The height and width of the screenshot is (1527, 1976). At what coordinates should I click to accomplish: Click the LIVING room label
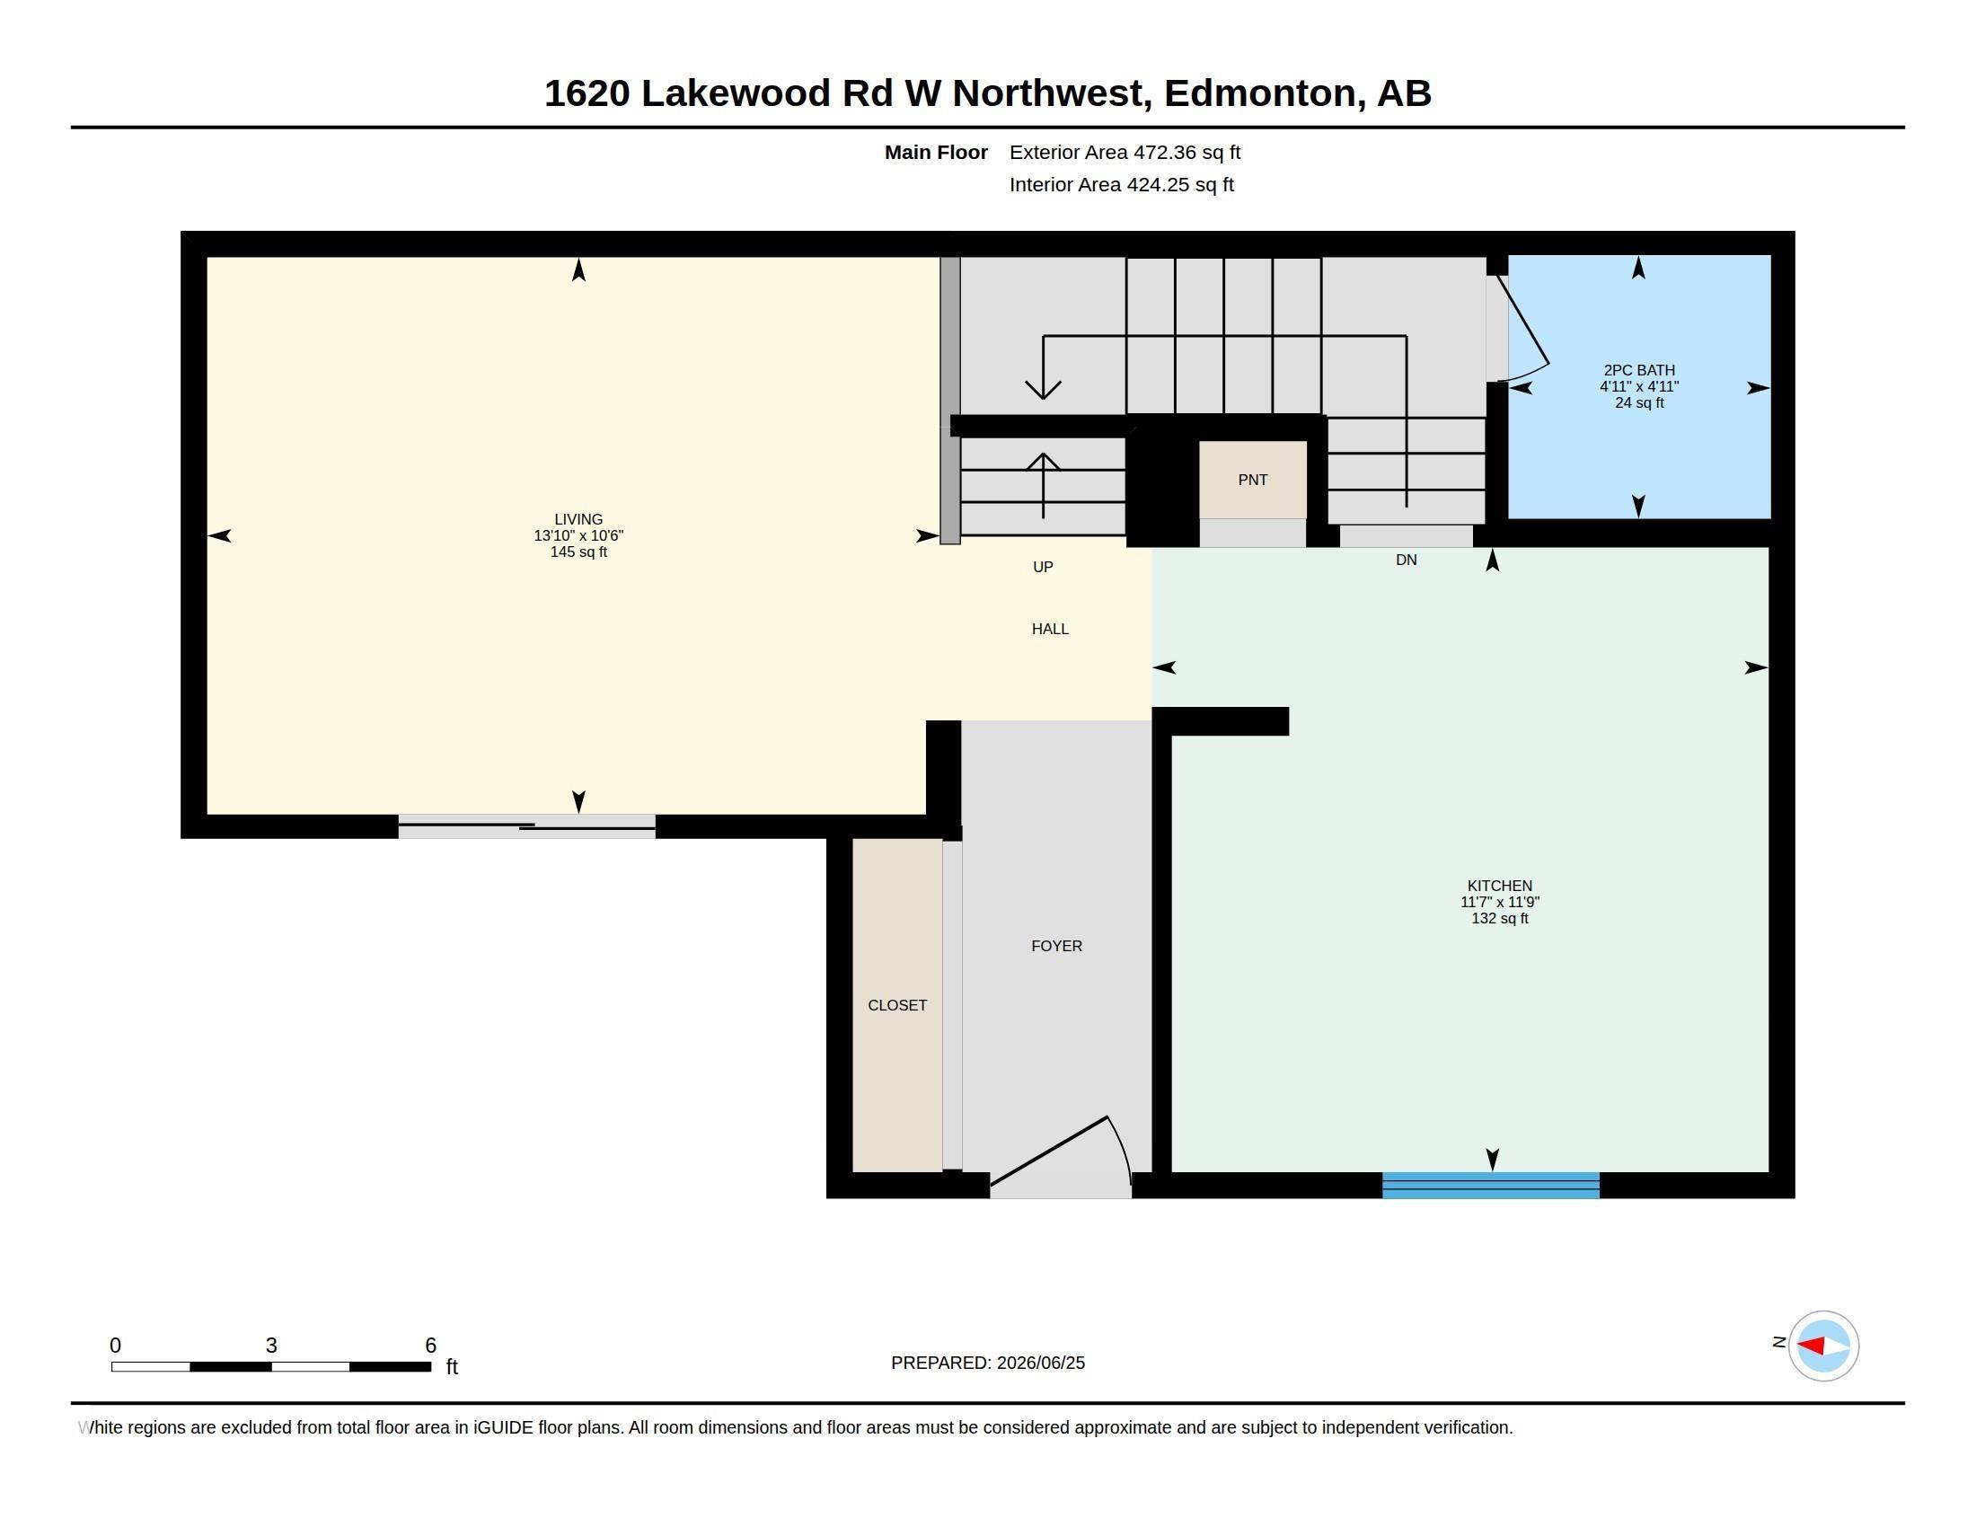(578, 519)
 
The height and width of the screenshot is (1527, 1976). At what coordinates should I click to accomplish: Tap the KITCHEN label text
(1499, 886)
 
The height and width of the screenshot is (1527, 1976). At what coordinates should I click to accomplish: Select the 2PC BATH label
(1638, 370)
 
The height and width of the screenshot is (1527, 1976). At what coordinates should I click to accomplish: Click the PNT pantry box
(1252, 480)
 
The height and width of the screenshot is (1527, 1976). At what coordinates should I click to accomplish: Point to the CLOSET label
(896, 1005)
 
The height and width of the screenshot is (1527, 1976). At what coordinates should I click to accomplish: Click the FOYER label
(1056, 945)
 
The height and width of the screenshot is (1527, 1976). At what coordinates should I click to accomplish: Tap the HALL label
(1049, 629)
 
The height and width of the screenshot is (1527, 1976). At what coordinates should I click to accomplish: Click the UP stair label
(1042, 566)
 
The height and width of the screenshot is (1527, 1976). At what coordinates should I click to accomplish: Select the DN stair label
(1405, 560)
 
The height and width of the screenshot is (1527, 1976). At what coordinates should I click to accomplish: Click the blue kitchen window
(1490, 1185)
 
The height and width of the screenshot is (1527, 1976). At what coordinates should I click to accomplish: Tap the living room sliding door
(526, 825)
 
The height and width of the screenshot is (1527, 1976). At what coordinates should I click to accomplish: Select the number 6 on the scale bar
(430, 1346)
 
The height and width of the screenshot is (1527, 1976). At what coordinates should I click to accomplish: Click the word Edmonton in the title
(1264, 93)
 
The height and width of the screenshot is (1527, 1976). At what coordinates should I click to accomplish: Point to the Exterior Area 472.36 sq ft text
(1125, 153)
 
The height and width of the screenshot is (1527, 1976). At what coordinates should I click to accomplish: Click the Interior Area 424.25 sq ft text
(1121, 184)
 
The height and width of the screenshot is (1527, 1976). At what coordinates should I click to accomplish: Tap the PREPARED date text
(987, 1363)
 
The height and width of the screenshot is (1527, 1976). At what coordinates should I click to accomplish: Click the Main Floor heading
(936, 153)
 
